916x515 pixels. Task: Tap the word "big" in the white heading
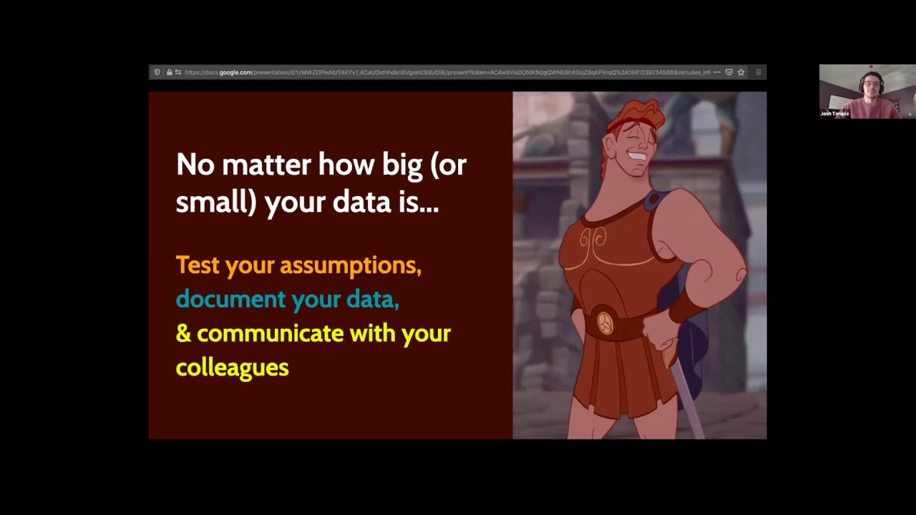pyautogui.click(x=402, y=165)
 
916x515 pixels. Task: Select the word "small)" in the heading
pyautogui.click(x=215, y=203)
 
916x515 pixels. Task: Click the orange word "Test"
pyautogui.click(x=197, y=265)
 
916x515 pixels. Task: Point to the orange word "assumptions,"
pyautogui.click(x=350, y=266)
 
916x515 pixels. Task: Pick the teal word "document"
pyautogui.click(x=230, y=299)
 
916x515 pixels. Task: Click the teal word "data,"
pyautogui.click(x=372, y=299)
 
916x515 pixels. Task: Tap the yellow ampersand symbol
pyautogui.click(x=182, y=333)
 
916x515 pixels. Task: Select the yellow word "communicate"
pyautogui.click(x=270, y=333)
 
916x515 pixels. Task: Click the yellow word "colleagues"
pyautogui.click(x=232, y=368)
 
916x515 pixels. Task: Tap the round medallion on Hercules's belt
pyautogui.click(x=605, y=323)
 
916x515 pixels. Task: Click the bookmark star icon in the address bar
pyautogui.click(x=741, y=72)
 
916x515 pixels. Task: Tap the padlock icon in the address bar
pyautogui.click(x=169, y=72)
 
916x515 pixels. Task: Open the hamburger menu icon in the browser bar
pyautogui.click(x=758, y=72)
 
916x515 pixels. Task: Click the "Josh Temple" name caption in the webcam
pyautogui.click(x=834, y=114)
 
